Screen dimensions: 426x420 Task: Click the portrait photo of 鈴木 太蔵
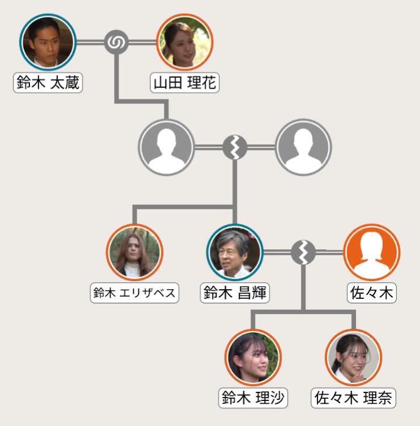[48, 41]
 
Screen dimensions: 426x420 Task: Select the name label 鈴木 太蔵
[48, 83]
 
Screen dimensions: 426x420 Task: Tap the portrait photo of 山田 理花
[184, 41]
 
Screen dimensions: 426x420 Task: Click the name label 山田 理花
[185, 83]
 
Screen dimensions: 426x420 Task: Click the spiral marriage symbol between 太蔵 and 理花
[116, 42]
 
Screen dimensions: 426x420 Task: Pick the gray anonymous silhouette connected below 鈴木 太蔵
[167, 147]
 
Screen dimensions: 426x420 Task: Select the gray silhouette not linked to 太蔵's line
[303, 147]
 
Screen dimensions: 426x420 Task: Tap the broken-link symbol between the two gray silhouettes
[235, 147]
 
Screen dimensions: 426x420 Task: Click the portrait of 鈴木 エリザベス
[134, 252]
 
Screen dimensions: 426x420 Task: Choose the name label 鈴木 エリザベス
[134, 294]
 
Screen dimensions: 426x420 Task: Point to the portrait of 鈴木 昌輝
[235, 252]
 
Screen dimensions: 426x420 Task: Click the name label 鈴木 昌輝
[235, 294]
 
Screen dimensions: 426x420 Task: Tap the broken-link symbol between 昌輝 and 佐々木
[303, 252]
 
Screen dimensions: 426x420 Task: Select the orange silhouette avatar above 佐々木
[372, 252]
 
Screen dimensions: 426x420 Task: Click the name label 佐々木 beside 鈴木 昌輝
[372, 294]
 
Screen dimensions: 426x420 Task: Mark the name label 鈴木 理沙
[253, 398]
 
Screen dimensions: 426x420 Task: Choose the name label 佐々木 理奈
[354, 398]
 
